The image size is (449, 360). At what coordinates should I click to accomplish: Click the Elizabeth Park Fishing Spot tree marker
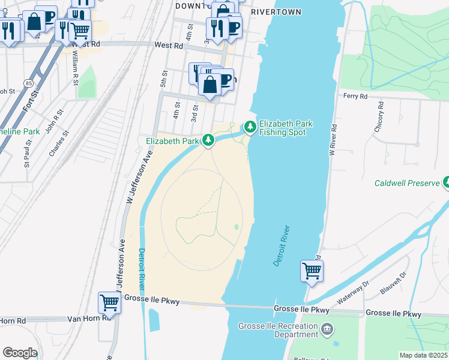click(250, 127)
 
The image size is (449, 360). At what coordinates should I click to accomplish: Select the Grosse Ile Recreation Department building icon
click(327, 328)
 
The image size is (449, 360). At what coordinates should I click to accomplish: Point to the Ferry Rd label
click(355, 95)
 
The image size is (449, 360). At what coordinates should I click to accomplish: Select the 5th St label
click(163, 77)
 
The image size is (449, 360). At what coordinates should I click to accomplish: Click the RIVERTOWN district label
click(276, 11)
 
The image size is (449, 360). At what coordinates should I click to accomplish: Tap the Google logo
click(20, 353)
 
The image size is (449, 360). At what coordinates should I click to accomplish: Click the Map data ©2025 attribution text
click(423, 355)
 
